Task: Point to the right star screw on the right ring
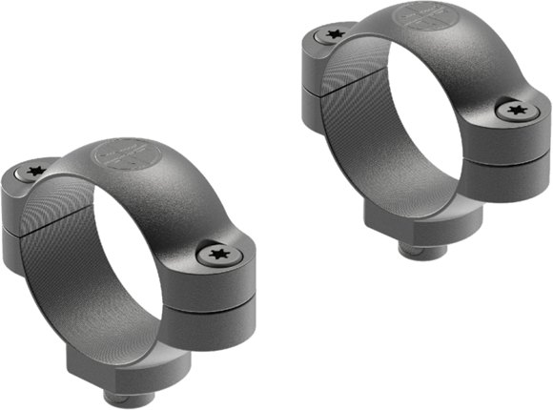(x=516, y=112)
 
